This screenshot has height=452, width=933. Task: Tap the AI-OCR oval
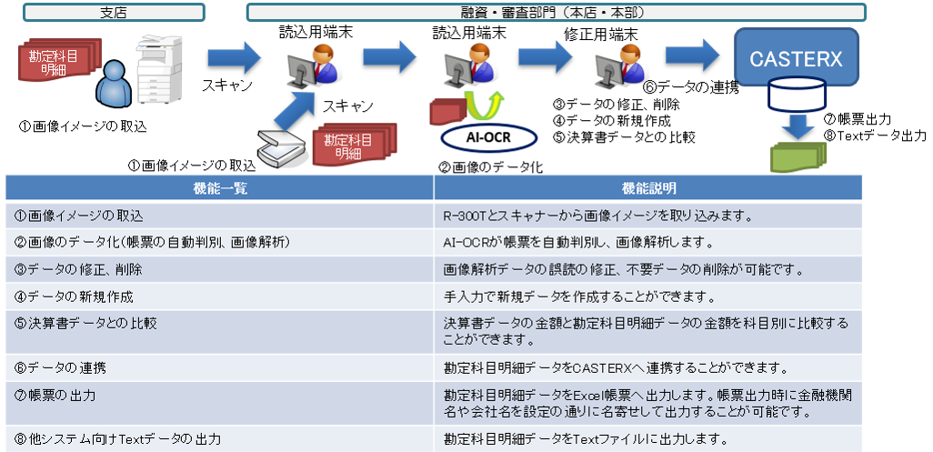(x=477, y=137)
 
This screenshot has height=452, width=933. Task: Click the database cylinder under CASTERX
(x=796, y=95)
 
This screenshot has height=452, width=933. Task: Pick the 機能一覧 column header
(x=219, y=187)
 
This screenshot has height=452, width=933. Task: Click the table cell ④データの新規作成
(x=219, y=296)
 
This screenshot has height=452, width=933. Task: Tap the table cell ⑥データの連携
(x=219, y=367)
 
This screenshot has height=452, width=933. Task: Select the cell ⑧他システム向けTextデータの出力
(x=219, y=438)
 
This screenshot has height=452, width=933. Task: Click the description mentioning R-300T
(x=591, y=216)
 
